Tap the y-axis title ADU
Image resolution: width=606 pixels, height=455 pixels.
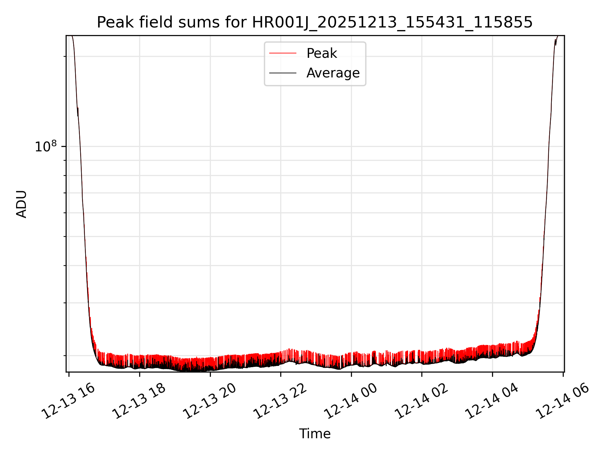click(21, 204)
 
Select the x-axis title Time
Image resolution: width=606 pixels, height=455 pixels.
click(315, 434)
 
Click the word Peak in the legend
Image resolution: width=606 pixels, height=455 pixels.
click(322, 53)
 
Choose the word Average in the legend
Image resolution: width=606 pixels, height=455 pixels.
click(333, 73)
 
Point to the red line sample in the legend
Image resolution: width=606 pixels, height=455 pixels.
click(283, 53)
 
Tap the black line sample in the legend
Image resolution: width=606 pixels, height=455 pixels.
click(283, 73)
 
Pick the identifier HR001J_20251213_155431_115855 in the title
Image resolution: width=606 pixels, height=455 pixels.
click(392, 23)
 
